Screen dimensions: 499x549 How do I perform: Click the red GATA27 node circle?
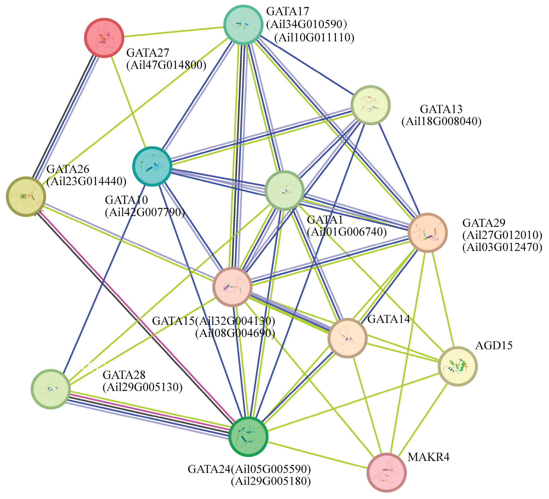coord(104,38)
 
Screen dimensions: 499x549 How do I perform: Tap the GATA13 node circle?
coord(370,105)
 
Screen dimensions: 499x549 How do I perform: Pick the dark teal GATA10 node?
coord(152,166)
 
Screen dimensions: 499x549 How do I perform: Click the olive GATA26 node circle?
coord(26,196)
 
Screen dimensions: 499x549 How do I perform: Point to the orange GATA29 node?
coord(427,233)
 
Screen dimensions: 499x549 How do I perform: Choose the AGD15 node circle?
coord(458,366)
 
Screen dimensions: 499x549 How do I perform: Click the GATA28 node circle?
coord(51,389)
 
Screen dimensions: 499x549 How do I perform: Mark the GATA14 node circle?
coord(347,338)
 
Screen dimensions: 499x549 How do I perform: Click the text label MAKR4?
coord(428,457)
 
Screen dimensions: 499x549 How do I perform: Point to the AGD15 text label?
coord(494,346)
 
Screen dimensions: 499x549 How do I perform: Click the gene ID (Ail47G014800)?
coord(166,65)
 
